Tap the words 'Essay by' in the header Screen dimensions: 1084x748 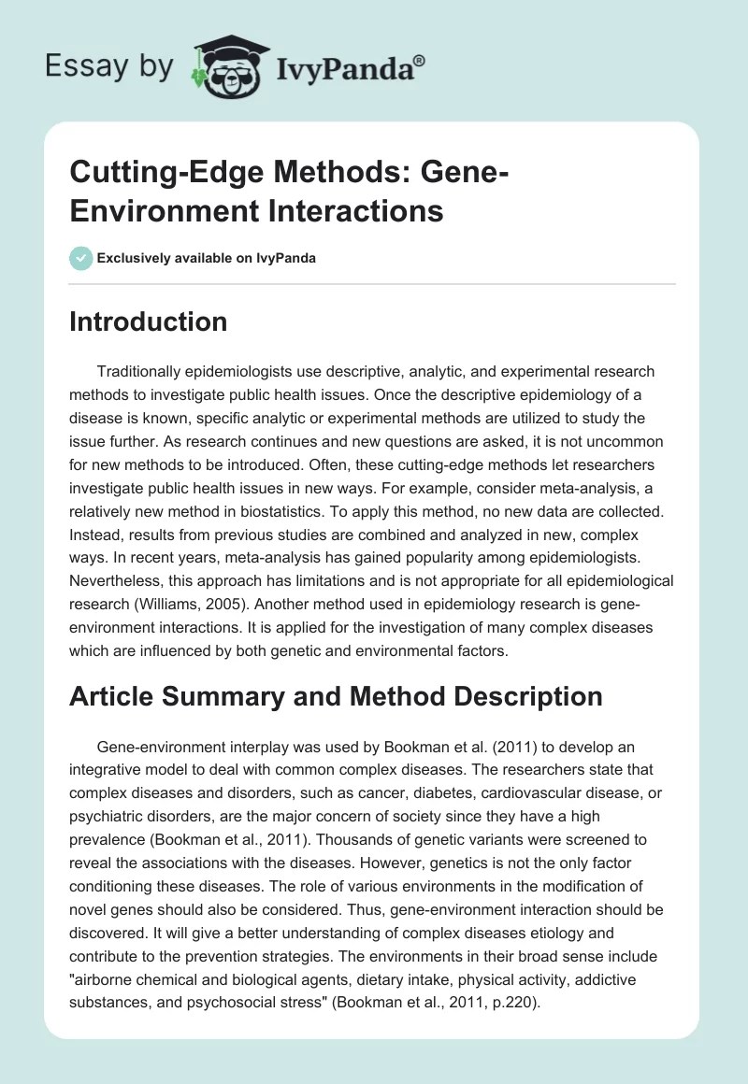(x=108, y=67)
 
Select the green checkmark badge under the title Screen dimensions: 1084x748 (x=80, y=258)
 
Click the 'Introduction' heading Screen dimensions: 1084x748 (x=148, y=321)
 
